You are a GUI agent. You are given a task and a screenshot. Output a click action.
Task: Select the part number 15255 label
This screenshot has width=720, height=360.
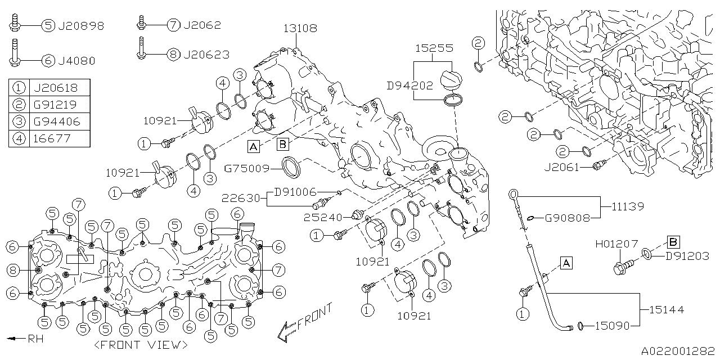click(x=434, y=48)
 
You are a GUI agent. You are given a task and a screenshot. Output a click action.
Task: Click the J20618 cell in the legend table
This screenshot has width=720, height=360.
click(x=55, y=88)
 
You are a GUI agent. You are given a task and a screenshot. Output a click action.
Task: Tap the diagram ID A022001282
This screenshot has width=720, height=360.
click(x=678, y=351)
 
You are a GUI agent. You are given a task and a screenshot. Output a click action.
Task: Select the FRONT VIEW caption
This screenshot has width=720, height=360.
click(x=141, y=344)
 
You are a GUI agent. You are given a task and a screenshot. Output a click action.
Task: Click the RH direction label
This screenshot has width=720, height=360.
click(x=35, y=339)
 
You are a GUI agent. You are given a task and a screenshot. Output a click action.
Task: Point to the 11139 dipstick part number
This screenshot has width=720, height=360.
click(x=628, y=207)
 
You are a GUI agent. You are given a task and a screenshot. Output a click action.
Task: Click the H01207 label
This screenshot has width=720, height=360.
click(x=616, y=244)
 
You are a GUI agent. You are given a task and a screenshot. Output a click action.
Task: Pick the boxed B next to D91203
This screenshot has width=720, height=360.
click(x=673, y=242)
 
